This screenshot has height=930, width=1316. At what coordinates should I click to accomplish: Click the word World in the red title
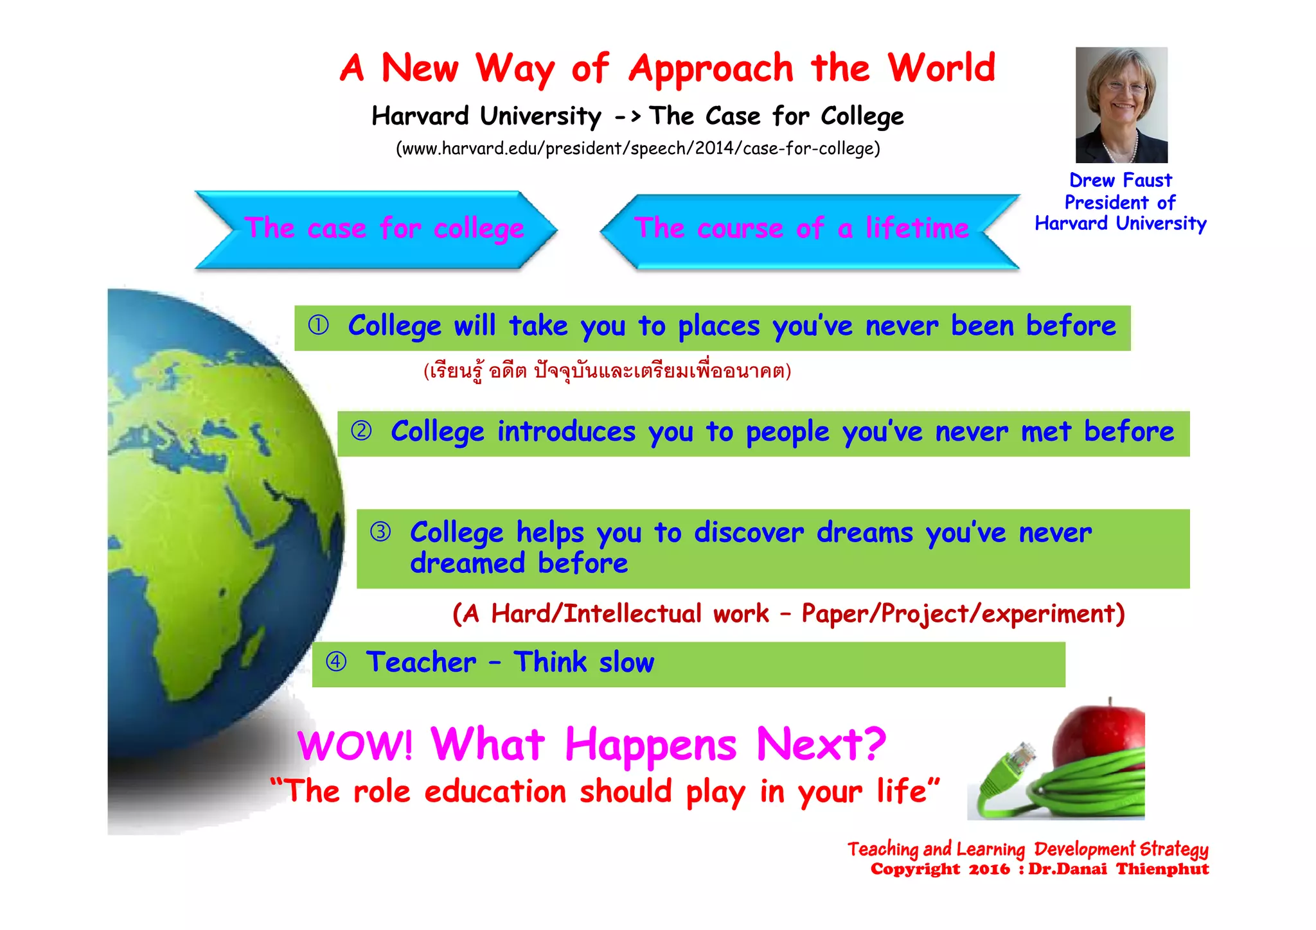[941, 68]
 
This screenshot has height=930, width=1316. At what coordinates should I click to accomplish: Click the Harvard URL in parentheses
[637, 148]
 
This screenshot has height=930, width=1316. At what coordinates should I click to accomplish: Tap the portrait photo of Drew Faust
[1121, 105]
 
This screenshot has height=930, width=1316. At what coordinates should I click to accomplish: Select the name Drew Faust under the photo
[1120, 180]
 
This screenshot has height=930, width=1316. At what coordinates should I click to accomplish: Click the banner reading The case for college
[384, 229]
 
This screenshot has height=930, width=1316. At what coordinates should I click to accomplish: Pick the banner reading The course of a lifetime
[801, 229]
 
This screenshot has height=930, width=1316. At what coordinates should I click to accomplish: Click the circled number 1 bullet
[318, 325]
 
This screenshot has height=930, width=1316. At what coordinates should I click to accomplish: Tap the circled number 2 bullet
[361, 430]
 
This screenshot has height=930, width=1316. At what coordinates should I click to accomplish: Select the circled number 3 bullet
[380, 532]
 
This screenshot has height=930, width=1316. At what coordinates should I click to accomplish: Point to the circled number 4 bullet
[336, 662]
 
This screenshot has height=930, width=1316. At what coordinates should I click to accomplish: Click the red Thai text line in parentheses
[607, 371]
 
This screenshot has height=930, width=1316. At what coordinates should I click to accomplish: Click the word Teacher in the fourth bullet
[421, 662]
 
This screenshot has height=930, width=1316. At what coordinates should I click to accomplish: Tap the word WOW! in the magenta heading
[355, 745]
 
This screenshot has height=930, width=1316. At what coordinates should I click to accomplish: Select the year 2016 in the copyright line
[989, 870]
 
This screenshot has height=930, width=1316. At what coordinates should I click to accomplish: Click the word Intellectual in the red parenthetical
[632, 614]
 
